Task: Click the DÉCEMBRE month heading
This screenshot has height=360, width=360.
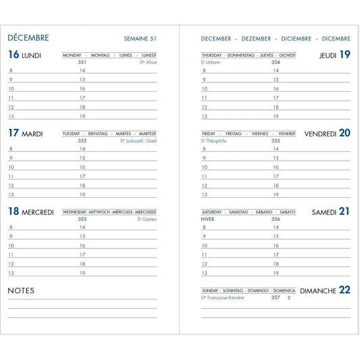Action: coord(28,38)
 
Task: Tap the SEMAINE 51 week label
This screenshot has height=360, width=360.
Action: coord(140,39)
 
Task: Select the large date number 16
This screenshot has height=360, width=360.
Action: coord(14,55)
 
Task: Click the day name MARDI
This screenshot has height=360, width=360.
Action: coord(32,134)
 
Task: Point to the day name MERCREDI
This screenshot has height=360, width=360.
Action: coord(38,212)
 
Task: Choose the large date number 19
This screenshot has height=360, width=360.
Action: coord(344,55)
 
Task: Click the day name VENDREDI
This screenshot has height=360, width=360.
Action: coord(320,134)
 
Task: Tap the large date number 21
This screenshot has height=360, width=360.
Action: coord(344,211)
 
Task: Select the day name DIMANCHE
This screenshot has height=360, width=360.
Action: coord(318,290)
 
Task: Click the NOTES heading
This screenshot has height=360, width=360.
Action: coord(21,290)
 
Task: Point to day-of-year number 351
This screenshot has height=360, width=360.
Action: coord(82,62)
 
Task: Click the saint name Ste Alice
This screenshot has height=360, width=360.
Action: coord(148,62)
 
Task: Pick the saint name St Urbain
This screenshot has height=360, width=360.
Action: coord(211,62)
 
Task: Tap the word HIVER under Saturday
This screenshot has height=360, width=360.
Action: coord(209,219)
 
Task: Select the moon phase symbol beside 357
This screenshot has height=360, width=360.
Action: coord(288,297)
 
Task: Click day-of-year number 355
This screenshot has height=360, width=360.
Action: coord(276,140)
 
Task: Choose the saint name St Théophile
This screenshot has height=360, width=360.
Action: coord(214,140)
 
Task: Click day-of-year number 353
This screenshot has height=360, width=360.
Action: coord(82,219)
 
